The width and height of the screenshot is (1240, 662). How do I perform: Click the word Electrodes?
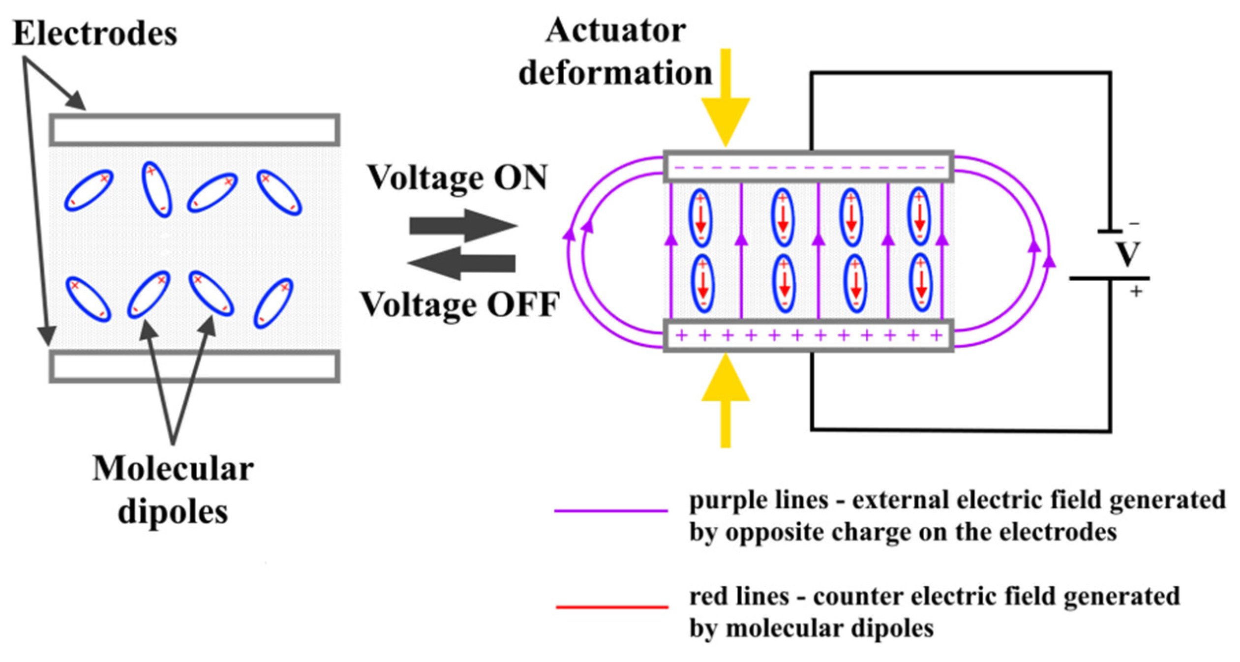[94, 33]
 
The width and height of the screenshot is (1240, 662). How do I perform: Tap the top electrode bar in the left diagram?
[194, 130]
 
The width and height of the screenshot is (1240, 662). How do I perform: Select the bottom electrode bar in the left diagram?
[194, 366]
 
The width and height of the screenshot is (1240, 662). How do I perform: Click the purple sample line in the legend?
[611, 511]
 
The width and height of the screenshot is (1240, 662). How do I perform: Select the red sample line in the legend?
[612, 606]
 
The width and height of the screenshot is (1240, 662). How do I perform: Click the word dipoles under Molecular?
[173, 512]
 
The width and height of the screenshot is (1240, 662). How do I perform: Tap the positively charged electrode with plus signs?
[808, 335]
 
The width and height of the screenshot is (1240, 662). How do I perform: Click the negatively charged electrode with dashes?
[808, 167]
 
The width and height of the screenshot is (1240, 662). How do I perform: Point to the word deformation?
[615, 73]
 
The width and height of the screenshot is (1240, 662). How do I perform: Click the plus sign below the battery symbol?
[1136, 292]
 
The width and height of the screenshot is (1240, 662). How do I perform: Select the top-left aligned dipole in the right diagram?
[700, 217]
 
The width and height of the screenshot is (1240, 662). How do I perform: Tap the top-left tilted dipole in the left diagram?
[89, 190]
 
